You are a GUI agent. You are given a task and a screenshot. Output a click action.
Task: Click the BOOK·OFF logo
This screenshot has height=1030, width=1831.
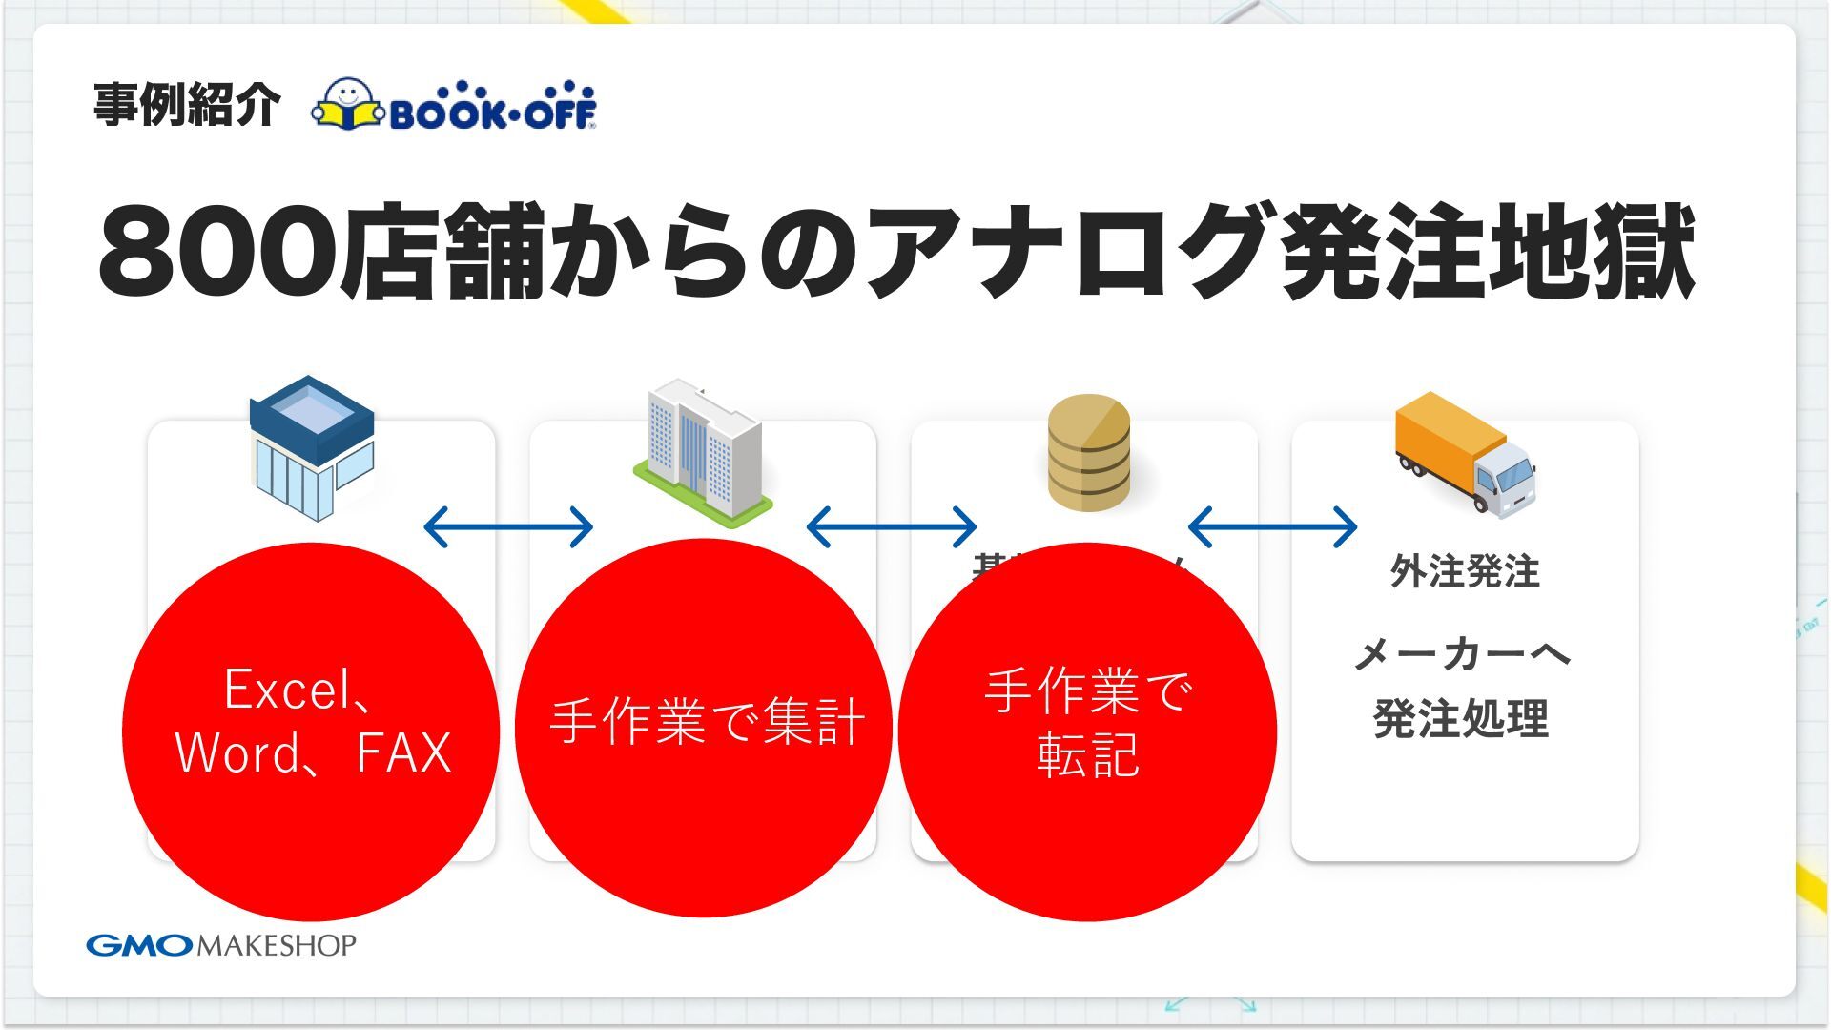click(x=454, y=105)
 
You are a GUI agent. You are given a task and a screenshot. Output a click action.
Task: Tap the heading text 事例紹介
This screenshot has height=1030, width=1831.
click(x=187, y=105)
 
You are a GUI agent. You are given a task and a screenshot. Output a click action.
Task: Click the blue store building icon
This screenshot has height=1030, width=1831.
click(x=312, y=446)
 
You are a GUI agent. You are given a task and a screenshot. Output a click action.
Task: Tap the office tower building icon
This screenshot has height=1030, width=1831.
click(x=703, y=452)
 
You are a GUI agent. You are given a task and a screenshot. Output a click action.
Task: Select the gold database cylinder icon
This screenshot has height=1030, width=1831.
click(x=1088, y=452)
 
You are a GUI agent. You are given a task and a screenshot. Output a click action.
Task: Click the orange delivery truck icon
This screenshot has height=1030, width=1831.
click(x=1465, y=452)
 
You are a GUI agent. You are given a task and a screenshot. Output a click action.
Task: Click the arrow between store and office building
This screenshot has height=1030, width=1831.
click(x=508, y=526)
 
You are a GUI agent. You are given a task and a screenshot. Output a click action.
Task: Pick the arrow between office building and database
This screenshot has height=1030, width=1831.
click(x=892, y=526)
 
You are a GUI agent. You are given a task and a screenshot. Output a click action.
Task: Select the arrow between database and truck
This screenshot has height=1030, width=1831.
click(x=1273, y=526)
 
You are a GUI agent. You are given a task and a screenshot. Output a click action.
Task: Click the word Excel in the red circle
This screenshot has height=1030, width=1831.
click(x=287, y=689)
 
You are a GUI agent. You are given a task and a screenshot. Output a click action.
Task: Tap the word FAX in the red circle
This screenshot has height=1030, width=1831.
click(x=403, y=753)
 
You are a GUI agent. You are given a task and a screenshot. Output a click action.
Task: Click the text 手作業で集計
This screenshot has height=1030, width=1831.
click(x=707, y=721)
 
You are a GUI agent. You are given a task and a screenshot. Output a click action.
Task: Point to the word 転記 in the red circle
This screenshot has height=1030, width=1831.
click(x=1088, y=755)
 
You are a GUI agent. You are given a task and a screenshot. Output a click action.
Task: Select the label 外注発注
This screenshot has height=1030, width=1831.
click(x=1465, y=571)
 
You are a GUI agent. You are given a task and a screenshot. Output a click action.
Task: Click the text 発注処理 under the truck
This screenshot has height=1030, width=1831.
click(x=1461, y=719)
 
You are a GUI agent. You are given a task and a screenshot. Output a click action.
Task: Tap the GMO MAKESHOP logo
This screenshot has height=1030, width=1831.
click(x=221, y=945)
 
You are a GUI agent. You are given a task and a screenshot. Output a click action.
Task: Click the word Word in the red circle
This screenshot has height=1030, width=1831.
click(x=238, y=753)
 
